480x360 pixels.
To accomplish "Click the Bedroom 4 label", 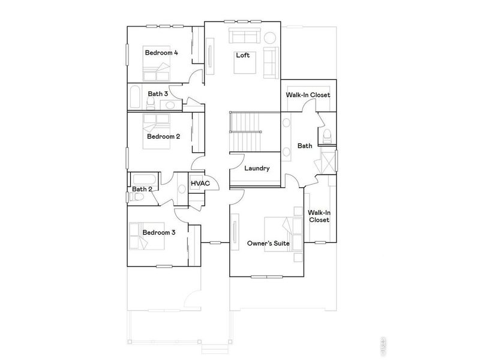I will tap(161, 53).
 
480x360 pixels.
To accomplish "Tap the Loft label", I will tap(242, 55).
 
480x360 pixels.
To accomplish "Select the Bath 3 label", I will tap(158, 94).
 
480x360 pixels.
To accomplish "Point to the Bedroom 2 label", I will tap(164, 136).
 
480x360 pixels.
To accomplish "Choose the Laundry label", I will tap(257, 169).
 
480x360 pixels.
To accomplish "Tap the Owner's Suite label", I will tap(269, 244).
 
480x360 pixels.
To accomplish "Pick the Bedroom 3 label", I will tap(158, 232).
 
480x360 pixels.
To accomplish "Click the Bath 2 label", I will tap(142, 190).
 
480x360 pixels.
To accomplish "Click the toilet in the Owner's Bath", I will tap(326, 135).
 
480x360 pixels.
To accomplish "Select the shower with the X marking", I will tap(329, 162).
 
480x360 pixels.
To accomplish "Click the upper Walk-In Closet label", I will tap(308, 95).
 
